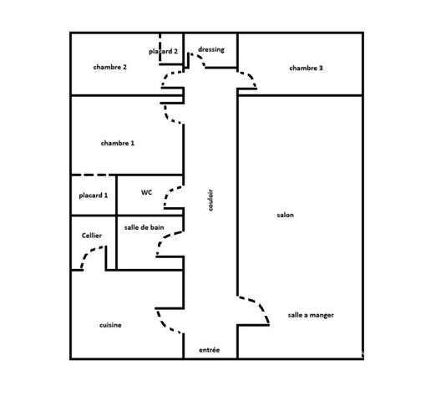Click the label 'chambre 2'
(x=110, y=67)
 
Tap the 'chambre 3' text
(x=306, y=69)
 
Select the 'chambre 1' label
(x=118, y=143)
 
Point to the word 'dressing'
(x=211, y=50)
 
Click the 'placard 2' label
(x=163, y=52)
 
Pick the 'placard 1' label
(x=94, y=195)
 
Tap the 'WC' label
(x=147, y=192)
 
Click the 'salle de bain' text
(x=144, y=227)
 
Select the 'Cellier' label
(x=92, y=236)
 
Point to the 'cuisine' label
(x=110, y=325)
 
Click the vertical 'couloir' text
(x=210, y=200)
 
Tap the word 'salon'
(x=285, y=215)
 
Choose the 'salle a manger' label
(x=311, y=315)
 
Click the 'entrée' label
(x=210, y=350)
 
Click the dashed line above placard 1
(x=94, y=175)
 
